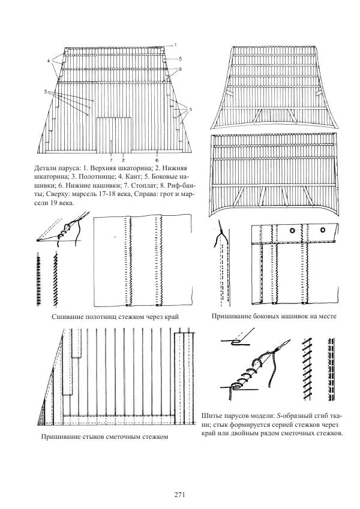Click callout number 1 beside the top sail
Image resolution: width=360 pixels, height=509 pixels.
point(175,44)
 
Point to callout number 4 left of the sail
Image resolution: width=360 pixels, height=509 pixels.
point(49,61)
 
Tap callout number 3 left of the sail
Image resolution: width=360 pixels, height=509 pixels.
point(46,92)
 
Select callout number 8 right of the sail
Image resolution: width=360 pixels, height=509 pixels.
point(180,69)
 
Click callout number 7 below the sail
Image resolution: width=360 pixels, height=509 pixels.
point(111,160)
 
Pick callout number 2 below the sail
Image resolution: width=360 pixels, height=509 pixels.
point(123,160)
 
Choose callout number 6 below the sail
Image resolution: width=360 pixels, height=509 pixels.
point(157,160)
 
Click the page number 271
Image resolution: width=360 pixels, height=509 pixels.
point(179,495)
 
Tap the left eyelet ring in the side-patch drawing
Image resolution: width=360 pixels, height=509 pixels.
point(292,230)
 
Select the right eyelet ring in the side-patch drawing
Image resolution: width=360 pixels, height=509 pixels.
point(323,230)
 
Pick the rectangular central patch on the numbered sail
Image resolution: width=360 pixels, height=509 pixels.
point(114,135)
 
